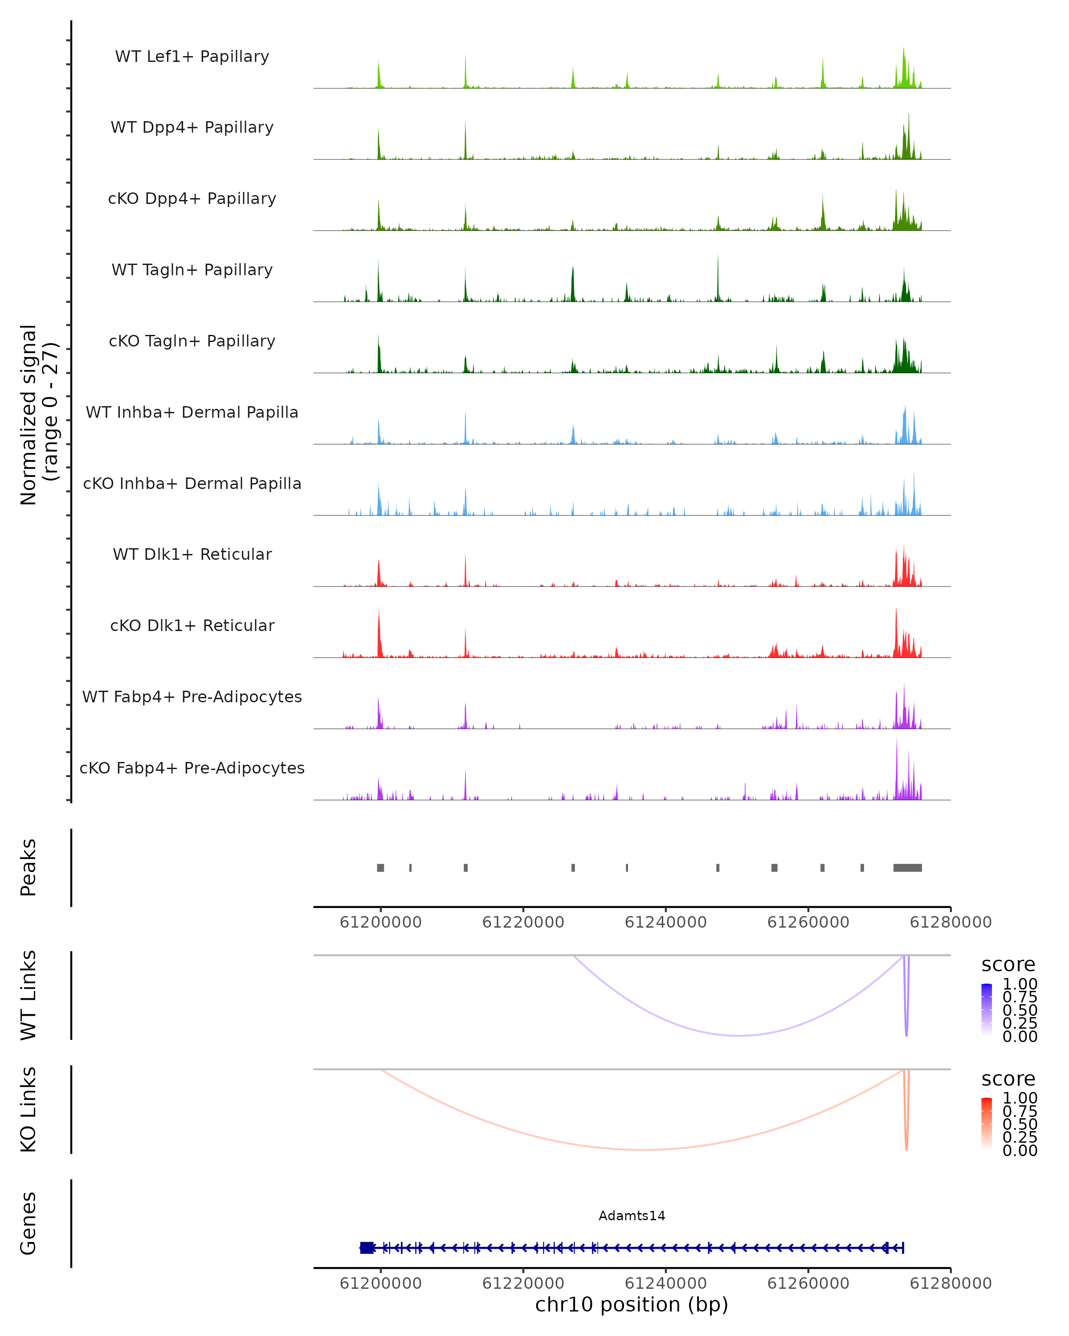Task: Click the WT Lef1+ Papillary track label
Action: tap(192, 57)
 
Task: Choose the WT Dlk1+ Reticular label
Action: tap(192, 554)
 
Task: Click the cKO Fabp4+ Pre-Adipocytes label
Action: tap(192, 768)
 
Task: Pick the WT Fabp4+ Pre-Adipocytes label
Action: tap(192, 697)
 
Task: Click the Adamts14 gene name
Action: tap(632, 1216)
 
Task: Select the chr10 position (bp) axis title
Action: tap(632, 1304)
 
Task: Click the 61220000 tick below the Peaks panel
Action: tap(523, 922)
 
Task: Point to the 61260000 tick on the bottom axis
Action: tap(808, 1283)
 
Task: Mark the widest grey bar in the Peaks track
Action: tap(907, 868)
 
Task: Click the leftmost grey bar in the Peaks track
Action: tap(380, 868)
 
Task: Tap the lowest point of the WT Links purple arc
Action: tap(739, 1035)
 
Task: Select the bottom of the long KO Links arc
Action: tap(643, 1149)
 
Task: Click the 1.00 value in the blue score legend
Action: tap(1020, 984)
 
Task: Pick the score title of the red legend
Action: tap(1008, 1079)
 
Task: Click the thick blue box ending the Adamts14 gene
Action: tap(367, 1247)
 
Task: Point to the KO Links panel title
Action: tap(29, 1109)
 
